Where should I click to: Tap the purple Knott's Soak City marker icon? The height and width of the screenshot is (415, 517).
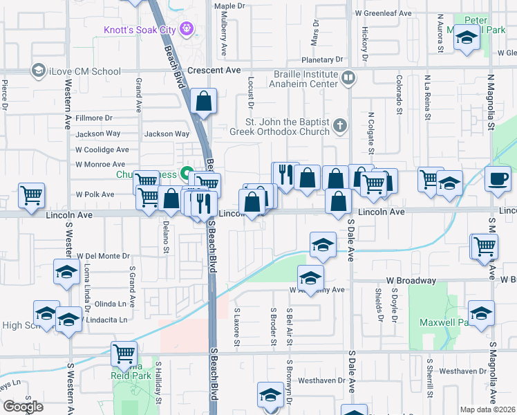click(x=185, y=29)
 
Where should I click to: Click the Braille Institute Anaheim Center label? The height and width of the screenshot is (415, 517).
click(x=304, y=79)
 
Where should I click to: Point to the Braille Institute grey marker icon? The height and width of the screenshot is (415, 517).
click(x=349, y=77)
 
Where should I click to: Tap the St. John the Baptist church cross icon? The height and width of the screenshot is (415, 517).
click(x=339, y=126)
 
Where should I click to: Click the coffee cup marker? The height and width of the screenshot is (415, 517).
click(x=497, y=178)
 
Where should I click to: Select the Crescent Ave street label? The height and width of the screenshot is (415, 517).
click(x=214, y=71)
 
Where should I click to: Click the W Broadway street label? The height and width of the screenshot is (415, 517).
click(x=411, y=281)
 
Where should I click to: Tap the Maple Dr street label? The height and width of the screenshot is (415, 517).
click(x=229, y=6)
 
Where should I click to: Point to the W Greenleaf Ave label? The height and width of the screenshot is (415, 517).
click(x=383, y=13)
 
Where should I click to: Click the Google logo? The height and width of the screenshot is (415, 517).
click(x=23, y=407)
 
